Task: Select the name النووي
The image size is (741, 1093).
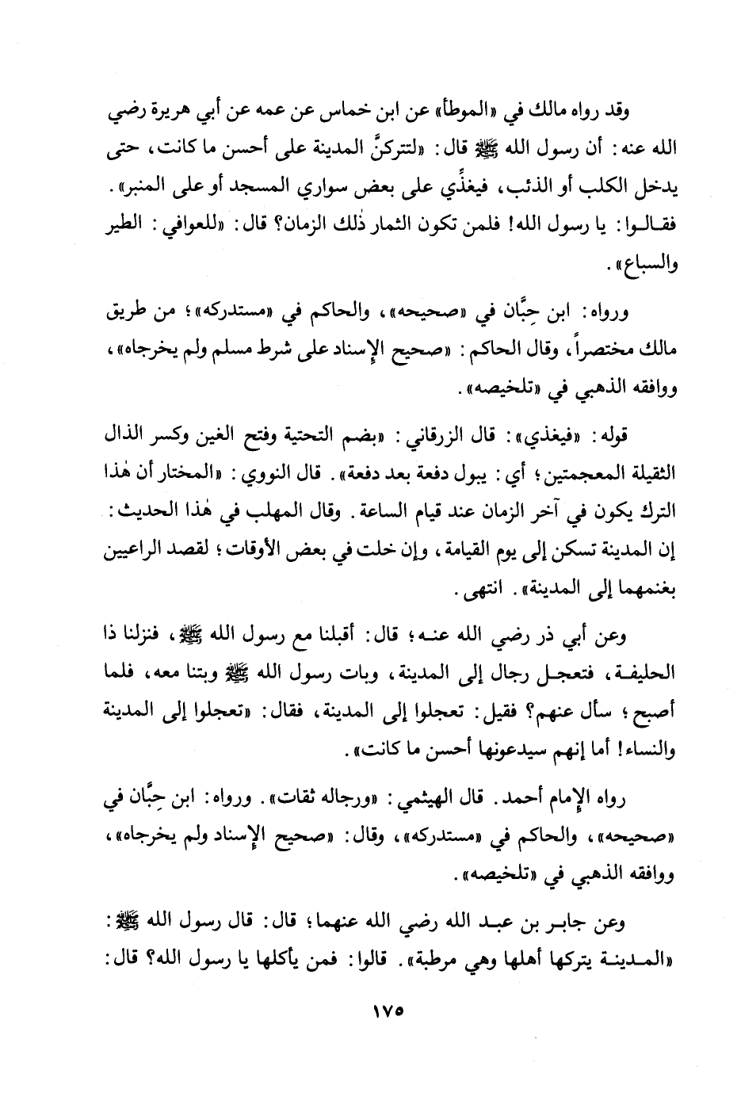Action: pos(258,474)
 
